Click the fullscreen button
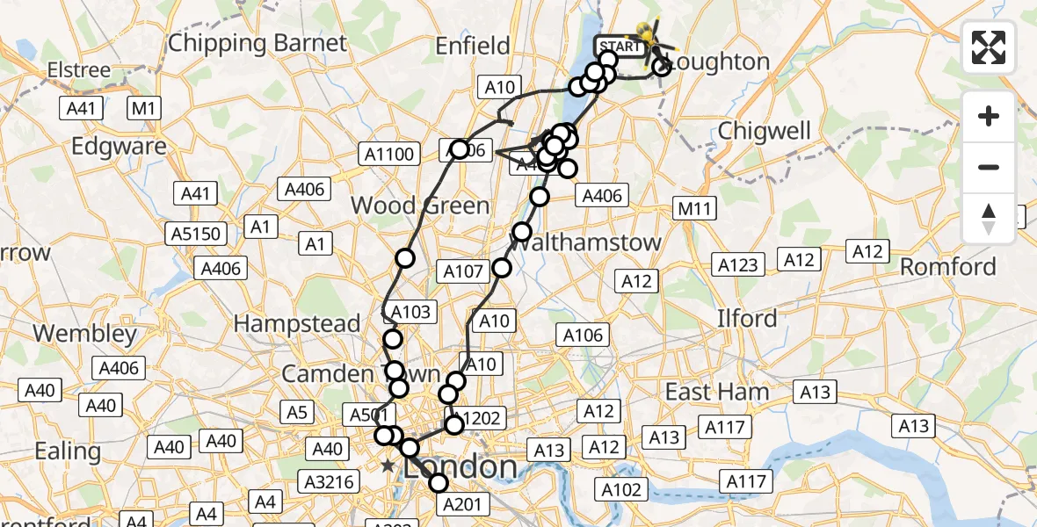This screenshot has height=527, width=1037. point(989,47)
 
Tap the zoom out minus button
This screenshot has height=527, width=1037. point(989,167)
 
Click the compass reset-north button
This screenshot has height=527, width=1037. point(989,218)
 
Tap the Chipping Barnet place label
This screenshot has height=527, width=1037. point(257,42)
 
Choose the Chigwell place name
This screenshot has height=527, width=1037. point(764,131)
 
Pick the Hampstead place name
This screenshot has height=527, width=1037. point(297,323)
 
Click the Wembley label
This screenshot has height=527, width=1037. point(85,334)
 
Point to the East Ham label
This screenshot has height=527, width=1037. point(717,392)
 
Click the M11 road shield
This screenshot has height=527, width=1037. point(694,208)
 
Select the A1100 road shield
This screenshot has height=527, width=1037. point(388,155)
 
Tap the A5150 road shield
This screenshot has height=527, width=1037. point(198,234)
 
